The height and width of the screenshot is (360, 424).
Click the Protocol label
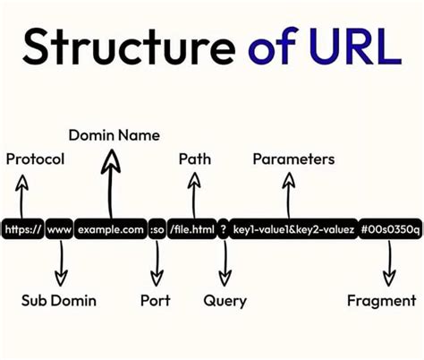tap(35, 159)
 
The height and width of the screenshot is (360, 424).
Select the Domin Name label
tap(114, 135)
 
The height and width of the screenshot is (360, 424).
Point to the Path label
tap(195, 159)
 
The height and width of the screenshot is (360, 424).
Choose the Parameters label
tap(293, 159)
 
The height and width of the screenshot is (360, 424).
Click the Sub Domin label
tap(59, 300)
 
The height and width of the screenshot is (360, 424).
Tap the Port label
tap(156, 300)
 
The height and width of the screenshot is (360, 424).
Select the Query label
tap(225, 300)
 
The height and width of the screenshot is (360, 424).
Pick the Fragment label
tap(381, 300)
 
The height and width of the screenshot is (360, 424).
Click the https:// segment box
tap(22, 230)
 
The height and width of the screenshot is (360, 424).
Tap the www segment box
tap(59, 230)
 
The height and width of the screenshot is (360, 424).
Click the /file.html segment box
tap(193, 230)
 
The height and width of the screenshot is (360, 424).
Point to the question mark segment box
tap(223, 230)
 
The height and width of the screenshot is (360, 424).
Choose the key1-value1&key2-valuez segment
tap(293, 230)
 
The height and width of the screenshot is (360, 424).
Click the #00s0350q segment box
tap(387, 230)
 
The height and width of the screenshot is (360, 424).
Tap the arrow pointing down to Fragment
tap(388, 265)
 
